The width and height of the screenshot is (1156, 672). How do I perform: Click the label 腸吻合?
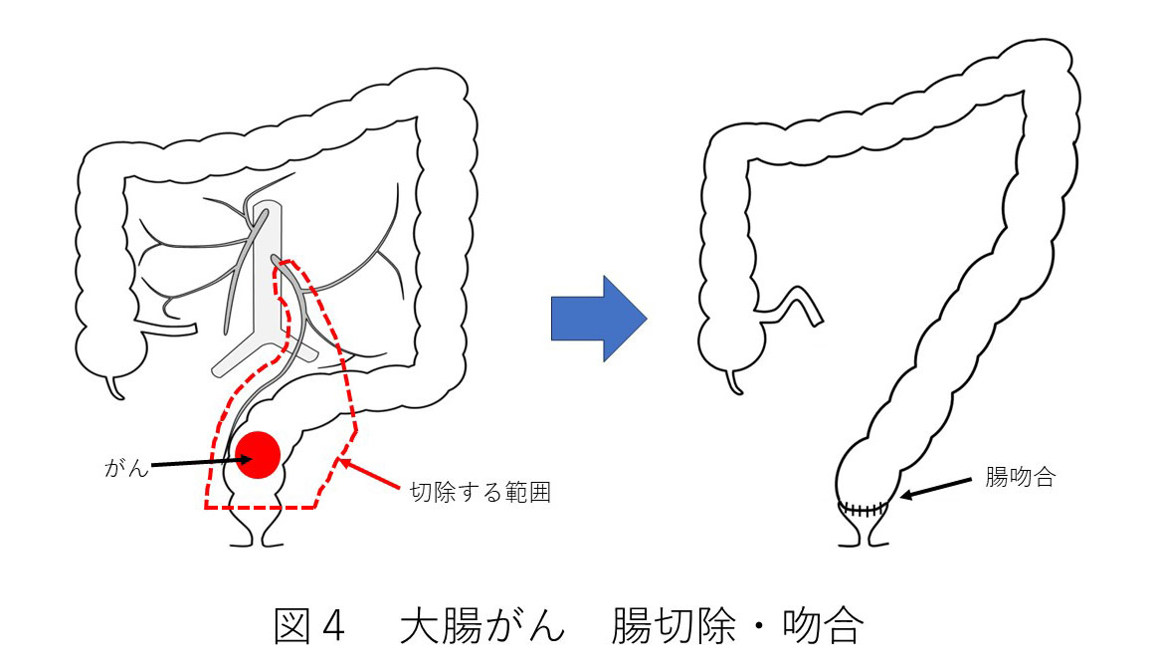1020,477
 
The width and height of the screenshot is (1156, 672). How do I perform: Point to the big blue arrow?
598,319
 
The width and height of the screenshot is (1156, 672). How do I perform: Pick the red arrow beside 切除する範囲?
370,477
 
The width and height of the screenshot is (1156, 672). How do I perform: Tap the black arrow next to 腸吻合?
934,489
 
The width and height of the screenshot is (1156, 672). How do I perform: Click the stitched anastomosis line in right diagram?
862,509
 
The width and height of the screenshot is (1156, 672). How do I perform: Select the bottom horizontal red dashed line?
261,508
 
